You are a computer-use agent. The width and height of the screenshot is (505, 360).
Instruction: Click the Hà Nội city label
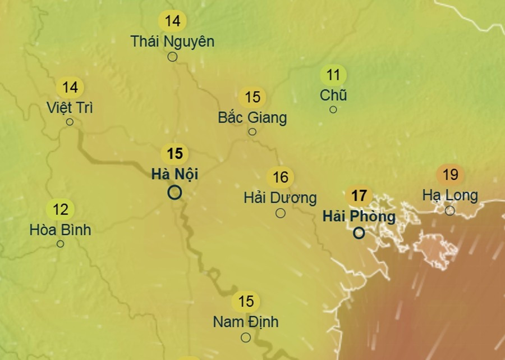pos(175,174)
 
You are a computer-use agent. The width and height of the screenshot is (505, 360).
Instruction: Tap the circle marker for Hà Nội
pos(175,193)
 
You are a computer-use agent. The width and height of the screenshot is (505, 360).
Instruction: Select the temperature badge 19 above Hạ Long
pos(451,175)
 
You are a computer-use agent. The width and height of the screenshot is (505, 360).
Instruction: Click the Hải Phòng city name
pos(359,216)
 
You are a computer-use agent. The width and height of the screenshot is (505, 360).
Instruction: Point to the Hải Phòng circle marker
pos(359,233)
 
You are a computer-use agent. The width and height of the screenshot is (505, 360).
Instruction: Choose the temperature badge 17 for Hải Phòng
pos(359,196)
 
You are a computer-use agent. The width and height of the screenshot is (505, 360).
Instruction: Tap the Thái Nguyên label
pos(173,41)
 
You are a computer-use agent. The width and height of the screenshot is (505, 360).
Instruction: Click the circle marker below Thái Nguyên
pos(173,57)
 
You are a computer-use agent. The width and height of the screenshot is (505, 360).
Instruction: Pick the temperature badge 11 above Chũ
pos(333,75)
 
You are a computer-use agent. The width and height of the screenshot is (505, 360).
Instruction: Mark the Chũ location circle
pos(333,110)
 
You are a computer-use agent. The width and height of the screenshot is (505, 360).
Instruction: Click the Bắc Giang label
pos(252,117)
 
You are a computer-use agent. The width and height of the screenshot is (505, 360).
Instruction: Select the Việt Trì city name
pos(70,107)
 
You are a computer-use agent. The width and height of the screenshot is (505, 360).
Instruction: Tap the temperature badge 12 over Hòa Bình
pos(61,210)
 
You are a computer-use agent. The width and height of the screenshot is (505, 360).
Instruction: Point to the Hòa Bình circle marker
pos(61,244)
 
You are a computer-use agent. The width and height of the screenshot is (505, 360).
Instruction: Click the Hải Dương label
pos(280,198)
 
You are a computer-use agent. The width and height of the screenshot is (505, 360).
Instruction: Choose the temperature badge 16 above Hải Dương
pos(280,178)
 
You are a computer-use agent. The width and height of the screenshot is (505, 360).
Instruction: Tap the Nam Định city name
pos(246,322)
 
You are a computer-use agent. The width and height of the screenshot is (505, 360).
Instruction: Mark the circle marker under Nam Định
pos(246,338)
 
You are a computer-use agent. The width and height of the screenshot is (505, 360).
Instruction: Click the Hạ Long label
pos(450,195)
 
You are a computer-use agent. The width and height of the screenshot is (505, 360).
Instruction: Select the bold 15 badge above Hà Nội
pos(175,153)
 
